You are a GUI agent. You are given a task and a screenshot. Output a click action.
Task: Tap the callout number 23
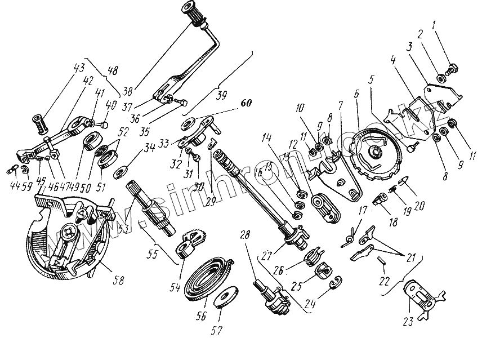tap(408, 321)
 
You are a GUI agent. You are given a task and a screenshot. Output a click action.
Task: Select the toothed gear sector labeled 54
tap(193, 236)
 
